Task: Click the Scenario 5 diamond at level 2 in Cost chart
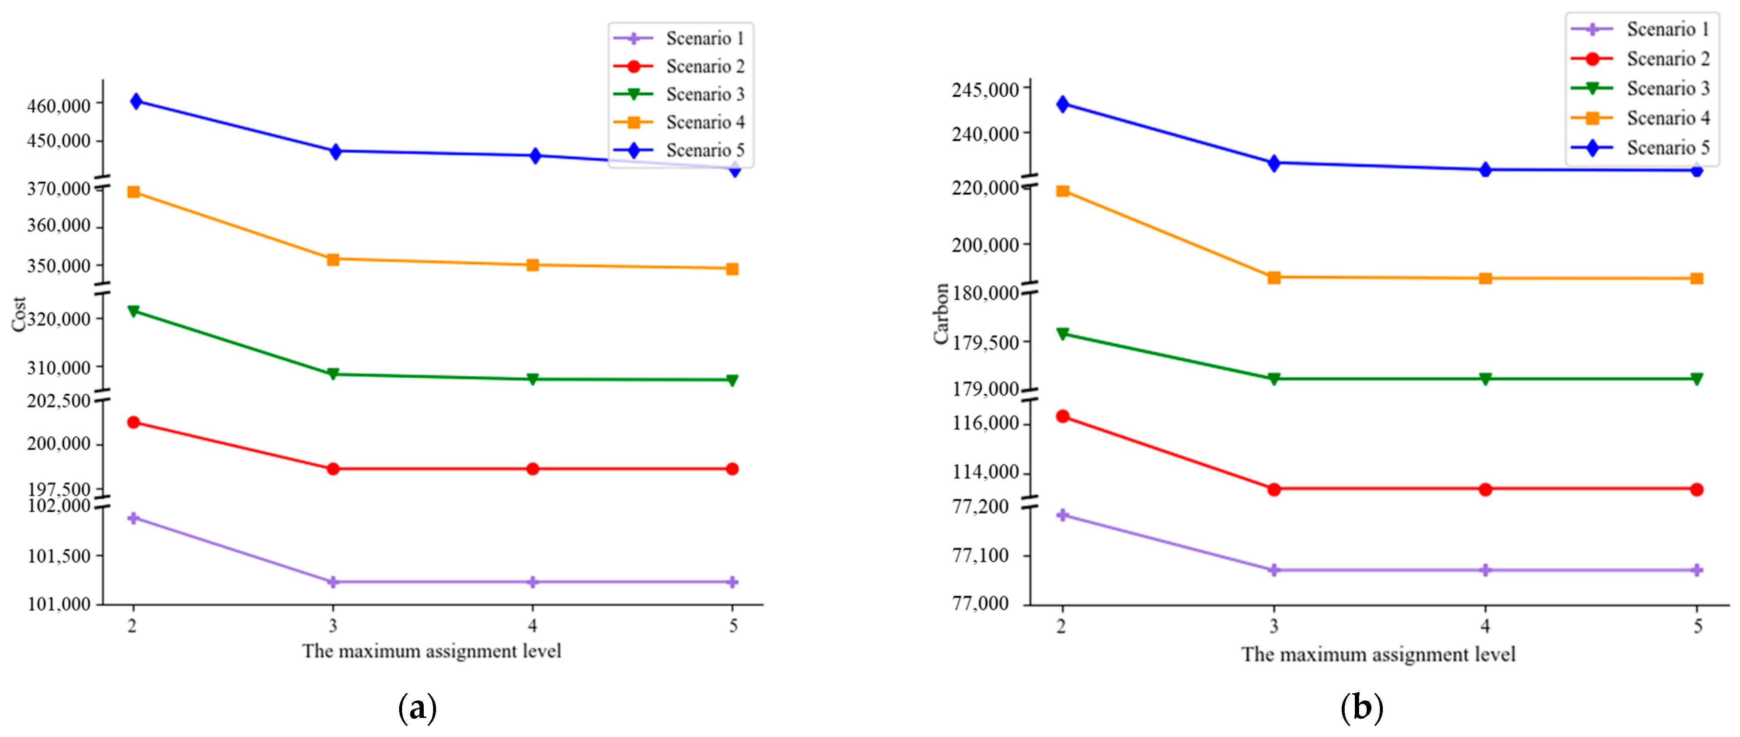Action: click(x=136, y=101)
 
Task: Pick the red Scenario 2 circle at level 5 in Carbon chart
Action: click(x=1697, y=490)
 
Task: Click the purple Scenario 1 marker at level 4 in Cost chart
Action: click(x=533, y=582)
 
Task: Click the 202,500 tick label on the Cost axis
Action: click(x=59, y=401)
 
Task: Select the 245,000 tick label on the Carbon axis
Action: click(x=985, y=90)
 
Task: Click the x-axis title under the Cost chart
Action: click(x=432, y=651)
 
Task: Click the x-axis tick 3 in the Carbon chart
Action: click(x=1274, y=627)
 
